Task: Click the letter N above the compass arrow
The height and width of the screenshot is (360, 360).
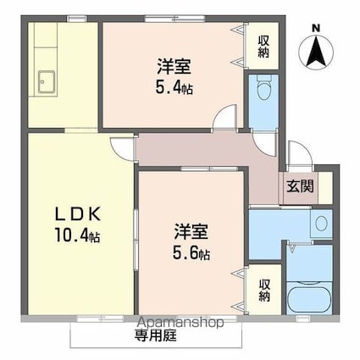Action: pos(316,26)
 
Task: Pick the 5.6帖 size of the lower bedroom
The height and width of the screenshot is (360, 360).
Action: pos(192,253)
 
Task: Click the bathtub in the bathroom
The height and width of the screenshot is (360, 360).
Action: pos(308,297)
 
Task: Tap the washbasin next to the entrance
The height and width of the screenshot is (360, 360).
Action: pos(320,224)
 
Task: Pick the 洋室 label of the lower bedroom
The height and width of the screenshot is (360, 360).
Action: pos(191,230)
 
